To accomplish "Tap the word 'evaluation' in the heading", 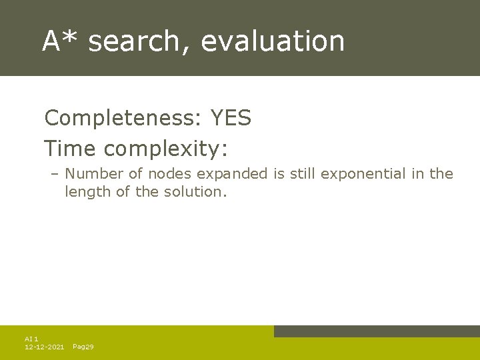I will click(x=273, y=41).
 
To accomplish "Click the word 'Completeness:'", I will click(x=123, y=119).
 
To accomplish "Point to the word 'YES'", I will click(x=231, y=119).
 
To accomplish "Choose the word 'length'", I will click(x=85, y=192).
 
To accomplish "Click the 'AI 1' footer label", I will click(x=31, y=339).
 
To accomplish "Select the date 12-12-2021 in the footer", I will click(x=44, y=347).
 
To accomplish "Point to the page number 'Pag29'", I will click(x=83, y=347).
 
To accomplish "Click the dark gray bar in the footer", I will click(x=377, y=331).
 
